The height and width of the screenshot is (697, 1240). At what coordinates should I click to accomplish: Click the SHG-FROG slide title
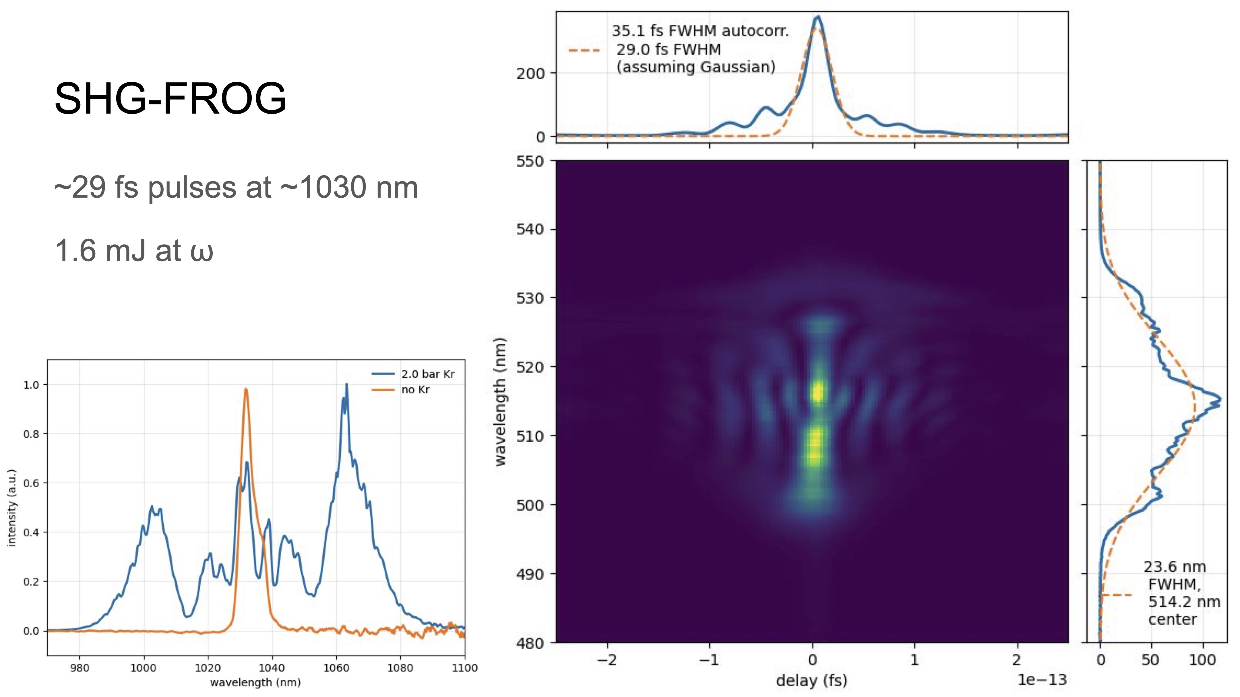coord(170,99)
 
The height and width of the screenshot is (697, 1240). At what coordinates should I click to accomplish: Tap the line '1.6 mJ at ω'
coord(134,251)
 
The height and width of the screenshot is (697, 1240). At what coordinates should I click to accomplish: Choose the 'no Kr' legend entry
coord(415,390)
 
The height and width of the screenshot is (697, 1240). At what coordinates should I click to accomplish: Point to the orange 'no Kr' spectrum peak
coord(246,390)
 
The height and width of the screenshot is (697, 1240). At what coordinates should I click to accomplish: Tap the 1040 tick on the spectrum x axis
coord(272,668)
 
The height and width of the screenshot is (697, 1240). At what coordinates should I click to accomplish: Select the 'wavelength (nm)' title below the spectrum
coord(255,682)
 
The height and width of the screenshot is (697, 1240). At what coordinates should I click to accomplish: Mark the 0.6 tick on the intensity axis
coord(31,483)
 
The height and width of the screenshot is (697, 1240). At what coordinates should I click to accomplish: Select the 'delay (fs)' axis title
coord(811,680)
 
